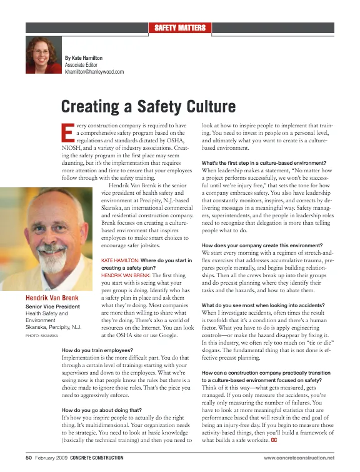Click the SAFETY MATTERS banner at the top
(179, 27)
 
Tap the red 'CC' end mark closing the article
(274, 442)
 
